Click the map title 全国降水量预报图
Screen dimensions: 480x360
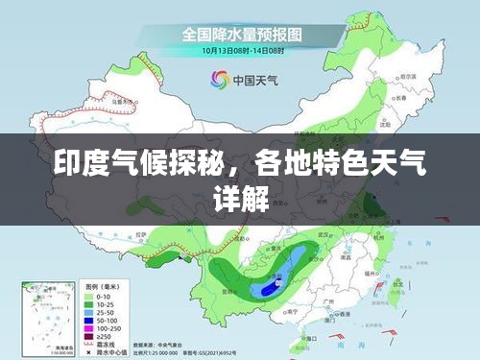[x=243, y=35]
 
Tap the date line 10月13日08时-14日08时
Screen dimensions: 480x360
[x=243, y=50]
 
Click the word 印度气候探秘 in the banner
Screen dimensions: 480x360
[x=143, y=172]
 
